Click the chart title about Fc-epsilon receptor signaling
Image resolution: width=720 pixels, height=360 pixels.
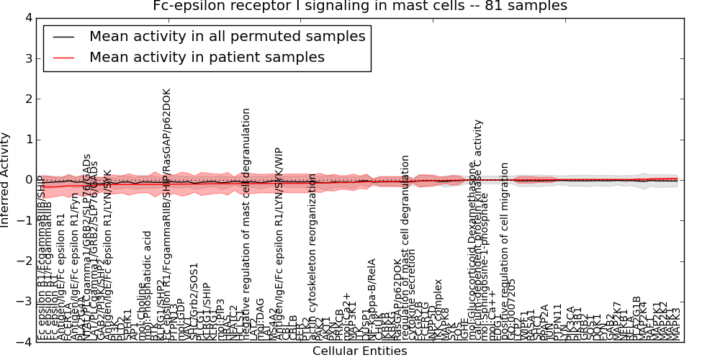tap(359, 6)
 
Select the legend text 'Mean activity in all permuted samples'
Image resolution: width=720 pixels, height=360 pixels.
tap(227, 36)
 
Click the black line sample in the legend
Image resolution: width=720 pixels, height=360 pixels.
tap(63, 36)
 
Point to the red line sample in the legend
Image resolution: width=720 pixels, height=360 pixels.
tap(63, 57)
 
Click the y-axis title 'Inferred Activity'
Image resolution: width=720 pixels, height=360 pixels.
tap(6, 180)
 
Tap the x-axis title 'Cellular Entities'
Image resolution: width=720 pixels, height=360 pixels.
tap(359, 351)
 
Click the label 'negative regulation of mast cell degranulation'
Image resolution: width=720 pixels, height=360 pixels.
tap(246, 223)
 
